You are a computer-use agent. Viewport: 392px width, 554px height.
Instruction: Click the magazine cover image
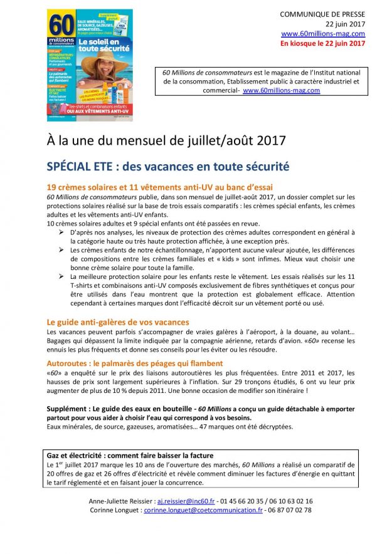[90, 65]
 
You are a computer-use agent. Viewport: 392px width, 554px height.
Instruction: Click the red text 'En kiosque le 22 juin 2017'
[322, 43]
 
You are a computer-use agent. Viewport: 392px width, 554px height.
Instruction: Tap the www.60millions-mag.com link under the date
[323, 34]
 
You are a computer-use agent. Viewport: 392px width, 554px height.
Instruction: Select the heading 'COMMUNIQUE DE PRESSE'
[322, 14]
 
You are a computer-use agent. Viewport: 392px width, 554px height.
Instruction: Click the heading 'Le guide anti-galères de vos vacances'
[118, 322]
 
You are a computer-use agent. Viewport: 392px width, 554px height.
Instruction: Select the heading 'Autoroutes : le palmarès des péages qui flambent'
[134, 363]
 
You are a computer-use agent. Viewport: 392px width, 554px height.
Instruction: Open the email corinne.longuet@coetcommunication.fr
[203, 510]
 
